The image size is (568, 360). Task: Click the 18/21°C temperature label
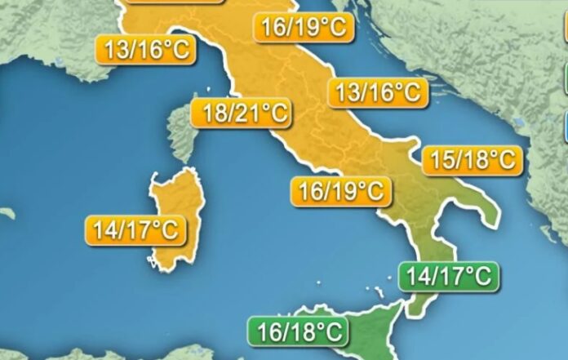click(242, 113)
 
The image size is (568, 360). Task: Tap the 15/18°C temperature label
click(471, 160)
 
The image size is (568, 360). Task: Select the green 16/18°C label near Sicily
click(297, 332)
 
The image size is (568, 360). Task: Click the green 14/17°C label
click(448, 276)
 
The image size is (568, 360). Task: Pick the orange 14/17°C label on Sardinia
click(135, 230)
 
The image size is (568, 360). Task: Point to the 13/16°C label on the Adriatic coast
click(377, 93)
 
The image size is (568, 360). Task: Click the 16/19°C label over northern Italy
click(304, 29)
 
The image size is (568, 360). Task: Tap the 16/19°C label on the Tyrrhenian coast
click(341, 192)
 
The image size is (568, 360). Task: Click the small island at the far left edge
click(7, 213)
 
